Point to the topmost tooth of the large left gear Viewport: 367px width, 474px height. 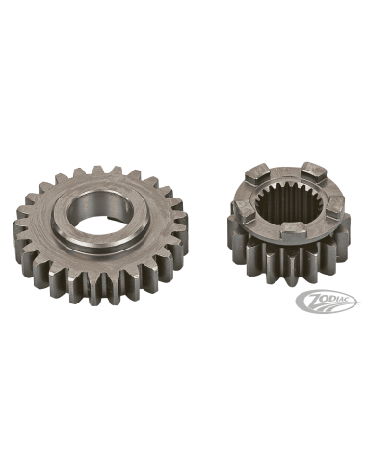97,171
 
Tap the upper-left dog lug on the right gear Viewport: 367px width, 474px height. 256,173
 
